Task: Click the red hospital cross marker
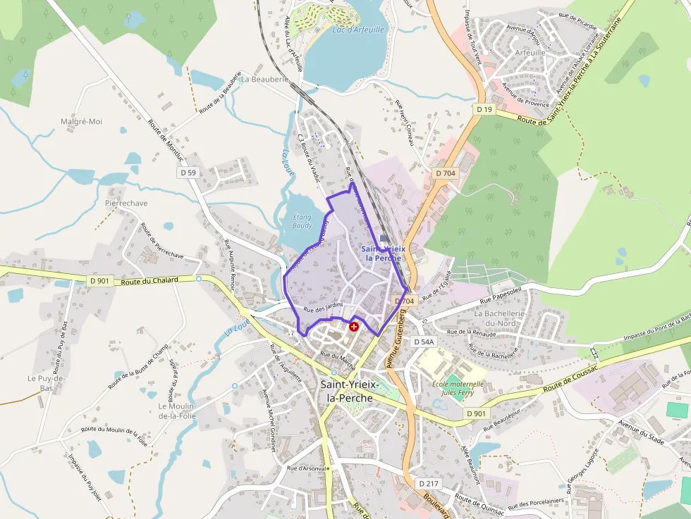[x=354, y=327]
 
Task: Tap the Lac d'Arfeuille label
[x=358, y=30]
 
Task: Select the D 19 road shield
[x=484, y=110]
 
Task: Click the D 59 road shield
[x=188, y=173]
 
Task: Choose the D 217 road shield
[x=428, y=484]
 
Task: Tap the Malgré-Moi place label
[x=81, y=122]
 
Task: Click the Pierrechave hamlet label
[x=126, y=203]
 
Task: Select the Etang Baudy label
[x=302, y=222]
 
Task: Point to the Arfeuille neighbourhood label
[x=530, y=52]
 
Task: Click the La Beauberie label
[x=265, y=80]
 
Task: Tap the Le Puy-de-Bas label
[x=47, y=383]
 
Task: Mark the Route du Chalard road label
[x=149, y=280]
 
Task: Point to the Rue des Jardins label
[x=323, y=306]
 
